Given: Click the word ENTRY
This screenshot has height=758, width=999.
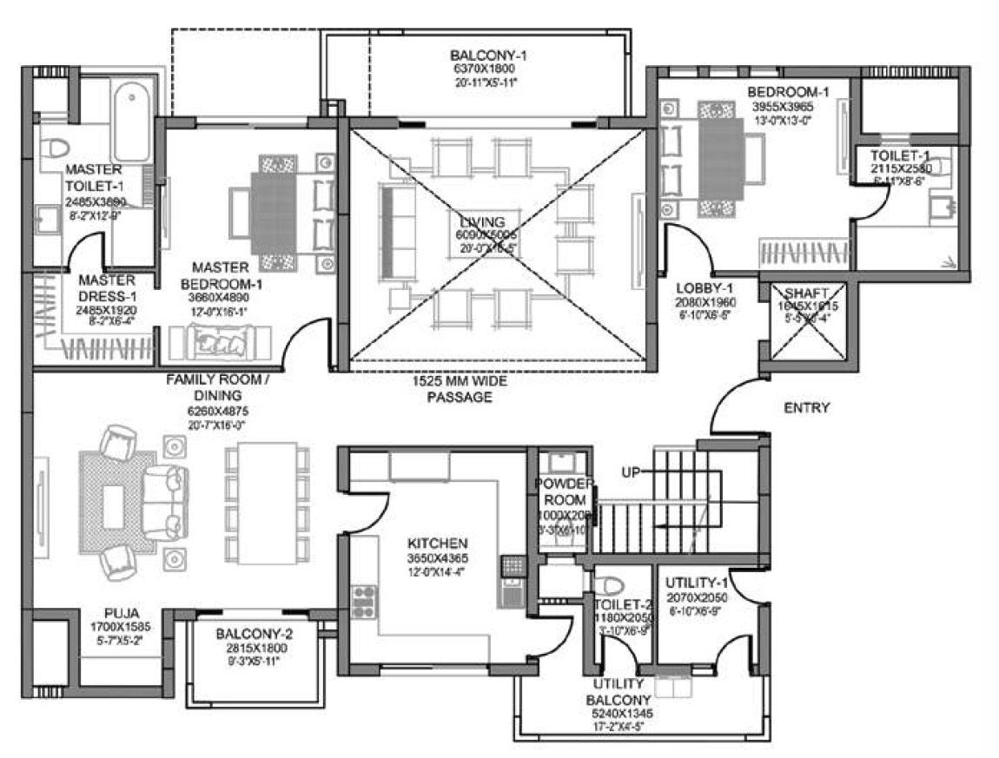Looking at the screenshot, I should click(806, 407).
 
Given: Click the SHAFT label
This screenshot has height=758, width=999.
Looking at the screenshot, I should click(807, 293).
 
